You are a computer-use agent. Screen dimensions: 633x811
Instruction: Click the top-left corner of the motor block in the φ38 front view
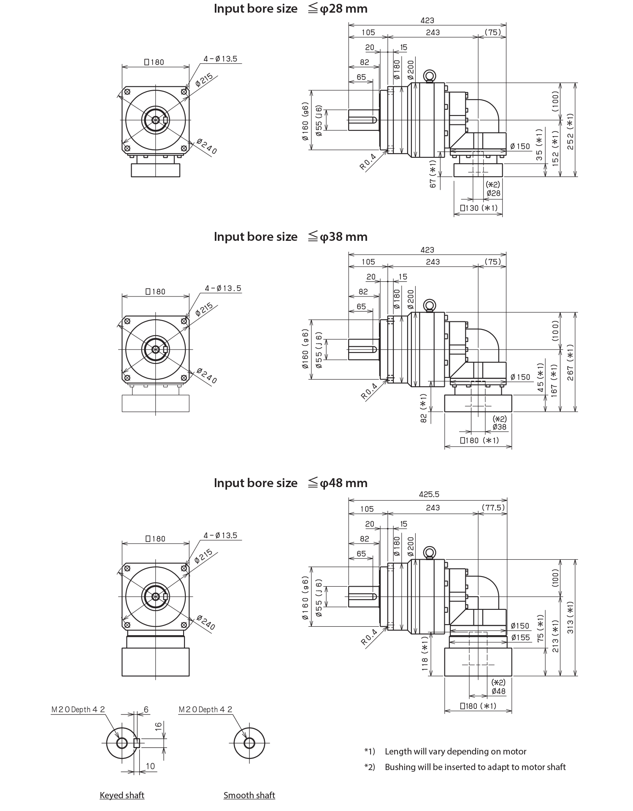point(122,395)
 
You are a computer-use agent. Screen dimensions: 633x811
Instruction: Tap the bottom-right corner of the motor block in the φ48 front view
point(189,676)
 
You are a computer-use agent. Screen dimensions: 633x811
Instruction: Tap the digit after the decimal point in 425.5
point(438,494)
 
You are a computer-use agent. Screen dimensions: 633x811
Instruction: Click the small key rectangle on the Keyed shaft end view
point(137,743)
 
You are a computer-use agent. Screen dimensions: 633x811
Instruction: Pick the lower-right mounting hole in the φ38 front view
point(184,377)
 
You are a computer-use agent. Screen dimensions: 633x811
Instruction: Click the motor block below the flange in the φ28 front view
point(156,170)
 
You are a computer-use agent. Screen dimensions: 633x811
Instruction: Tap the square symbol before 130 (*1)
point(463,208)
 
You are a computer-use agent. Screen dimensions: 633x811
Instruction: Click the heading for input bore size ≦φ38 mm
point(290,237)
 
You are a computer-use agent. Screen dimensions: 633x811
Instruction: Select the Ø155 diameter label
point(520,637)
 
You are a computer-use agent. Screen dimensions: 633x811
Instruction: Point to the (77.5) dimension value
point(493,507)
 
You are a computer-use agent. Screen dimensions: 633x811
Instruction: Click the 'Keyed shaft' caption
point(122,795)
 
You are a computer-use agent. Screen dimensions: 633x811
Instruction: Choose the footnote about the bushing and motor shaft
point(465,767)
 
